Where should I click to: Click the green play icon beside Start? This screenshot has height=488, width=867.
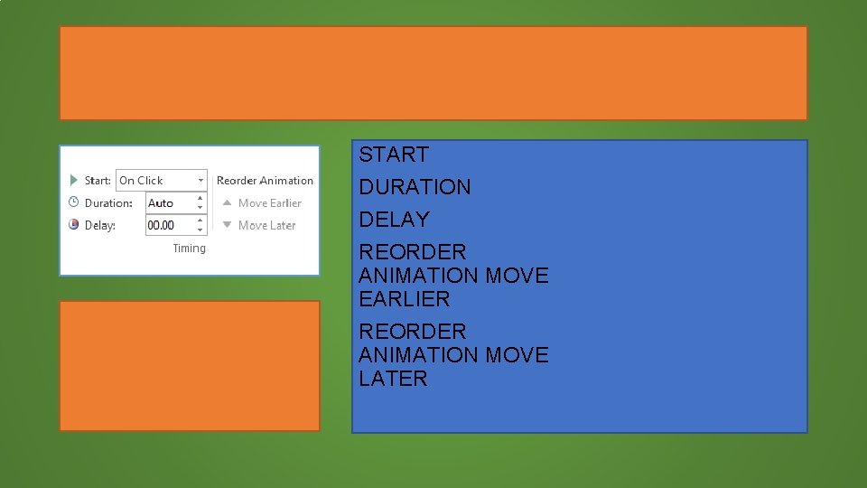[74, 181]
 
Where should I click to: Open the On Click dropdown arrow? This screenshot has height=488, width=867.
[200, 181]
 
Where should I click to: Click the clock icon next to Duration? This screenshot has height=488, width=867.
[74, 202]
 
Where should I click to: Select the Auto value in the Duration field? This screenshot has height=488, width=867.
[161, 203]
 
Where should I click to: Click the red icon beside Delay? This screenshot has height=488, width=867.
[74, 225]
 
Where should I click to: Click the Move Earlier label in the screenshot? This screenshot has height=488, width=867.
[269, 203]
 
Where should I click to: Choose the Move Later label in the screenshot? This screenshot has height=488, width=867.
[266, 225]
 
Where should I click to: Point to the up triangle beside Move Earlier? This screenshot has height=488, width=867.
[228, 203]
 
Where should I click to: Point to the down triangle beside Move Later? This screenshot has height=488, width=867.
[228, 225]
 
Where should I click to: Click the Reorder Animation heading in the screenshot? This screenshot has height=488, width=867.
[265, 181]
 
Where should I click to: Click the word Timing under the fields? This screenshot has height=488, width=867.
[189, 249]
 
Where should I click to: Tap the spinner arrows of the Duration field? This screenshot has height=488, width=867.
[200, 203]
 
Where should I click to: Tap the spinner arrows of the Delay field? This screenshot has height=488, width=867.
[200, 225]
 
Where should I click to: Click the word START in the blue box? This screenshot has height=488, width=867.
[394, 155]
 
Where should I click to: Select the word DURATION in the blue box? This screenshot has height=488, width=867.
[415, 187]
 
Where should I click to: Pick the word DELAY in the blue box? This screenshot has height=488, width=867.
[394, 220]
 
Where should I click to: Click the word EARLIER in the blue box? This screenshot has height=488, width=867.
[404, 299]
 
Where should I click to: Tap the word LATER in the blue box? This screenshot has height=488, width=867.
[393, 379]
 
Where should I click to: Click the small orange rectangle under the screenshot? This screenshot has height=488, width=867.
[190, 366]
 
